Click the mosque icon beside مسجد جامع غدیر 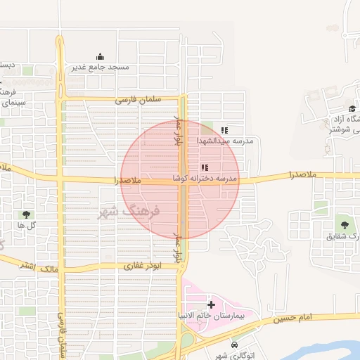click(100, 58)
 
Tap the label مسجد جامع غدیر click(100, 67)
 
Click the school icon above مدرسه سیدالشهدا click(224, 130)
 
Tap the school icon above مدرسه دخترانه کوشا click(205, 168)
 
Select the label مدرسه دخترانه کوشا click(210, 180)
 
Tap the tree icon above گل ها click(27, 214)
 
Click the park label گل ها click(27, 225)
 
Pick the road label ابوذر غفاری click(143, 266)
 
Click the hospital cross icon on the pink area click(212, 304)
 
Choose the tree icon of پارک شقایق click(345, 224)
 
